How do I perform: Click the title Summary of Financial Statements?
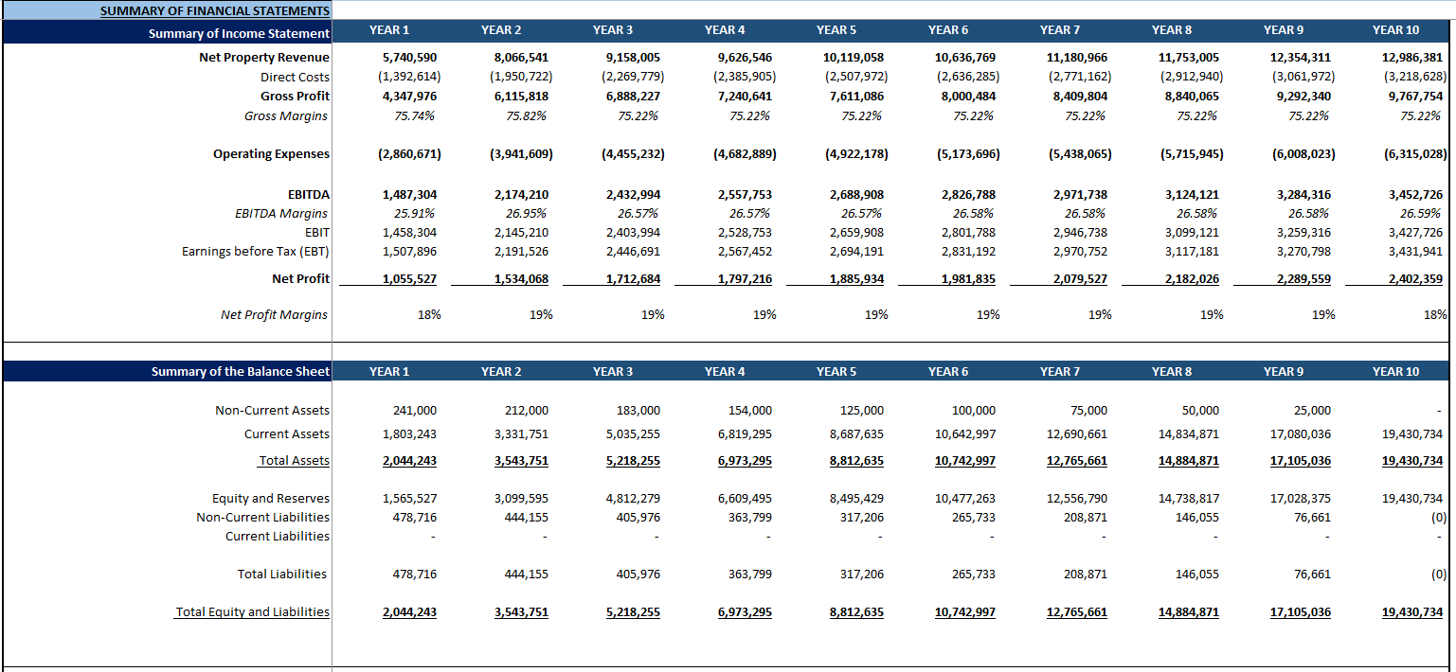214,11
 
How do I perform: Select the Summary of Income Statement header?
239,34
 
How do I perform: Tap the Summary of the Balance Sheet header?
241,372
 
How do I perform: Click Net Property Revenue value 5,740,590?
409,58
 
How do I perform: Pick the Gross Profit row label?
295,97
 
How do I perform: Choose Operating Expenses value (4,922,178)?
855,154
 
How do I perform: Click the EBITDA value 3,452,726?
1415,195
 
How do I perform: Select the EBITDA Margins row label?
281,214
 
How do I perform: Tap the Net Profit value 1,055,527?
409,279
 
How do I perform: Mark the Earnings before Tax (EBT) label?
256,252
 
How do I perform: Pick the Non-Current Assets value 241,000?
415,411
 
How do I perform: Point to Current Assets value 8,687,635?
855,434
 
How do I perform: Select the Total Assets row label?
294,461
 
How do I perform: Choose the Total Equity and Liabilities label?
253,612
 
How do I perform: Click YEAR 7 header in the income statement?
1059,30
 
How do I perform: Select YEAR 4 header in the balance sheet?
725,372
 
